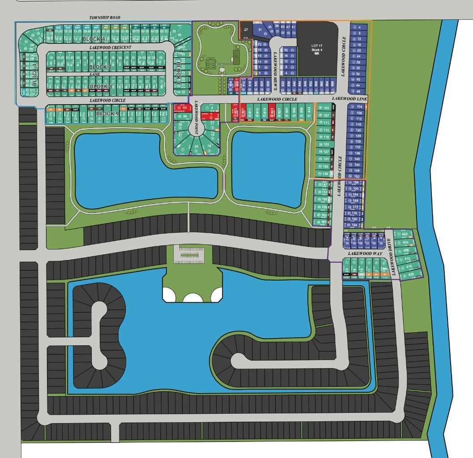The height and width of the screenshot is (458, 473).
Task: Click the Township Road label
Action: (105, 18)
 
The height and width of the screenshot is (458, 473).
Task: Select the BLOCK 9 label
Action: (108, 114)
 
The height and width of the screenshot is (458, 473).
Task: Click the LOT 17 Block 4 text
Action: (317, 47)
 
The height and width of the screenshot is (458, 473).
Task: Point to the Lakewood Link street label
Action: (349, 98)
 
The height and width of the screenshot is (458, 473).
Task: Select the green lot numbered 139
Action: (324, 174)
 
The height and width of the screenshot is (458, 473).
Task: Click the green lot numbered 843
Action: (308, 110)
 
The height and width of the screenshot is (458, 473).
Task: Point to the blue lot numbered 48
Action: (356, 91)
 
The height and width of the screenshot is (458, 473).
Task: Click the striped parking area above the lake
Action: (192, 254)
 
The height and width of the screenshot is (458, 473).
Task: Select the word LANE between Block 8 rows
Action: (94, 74)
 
